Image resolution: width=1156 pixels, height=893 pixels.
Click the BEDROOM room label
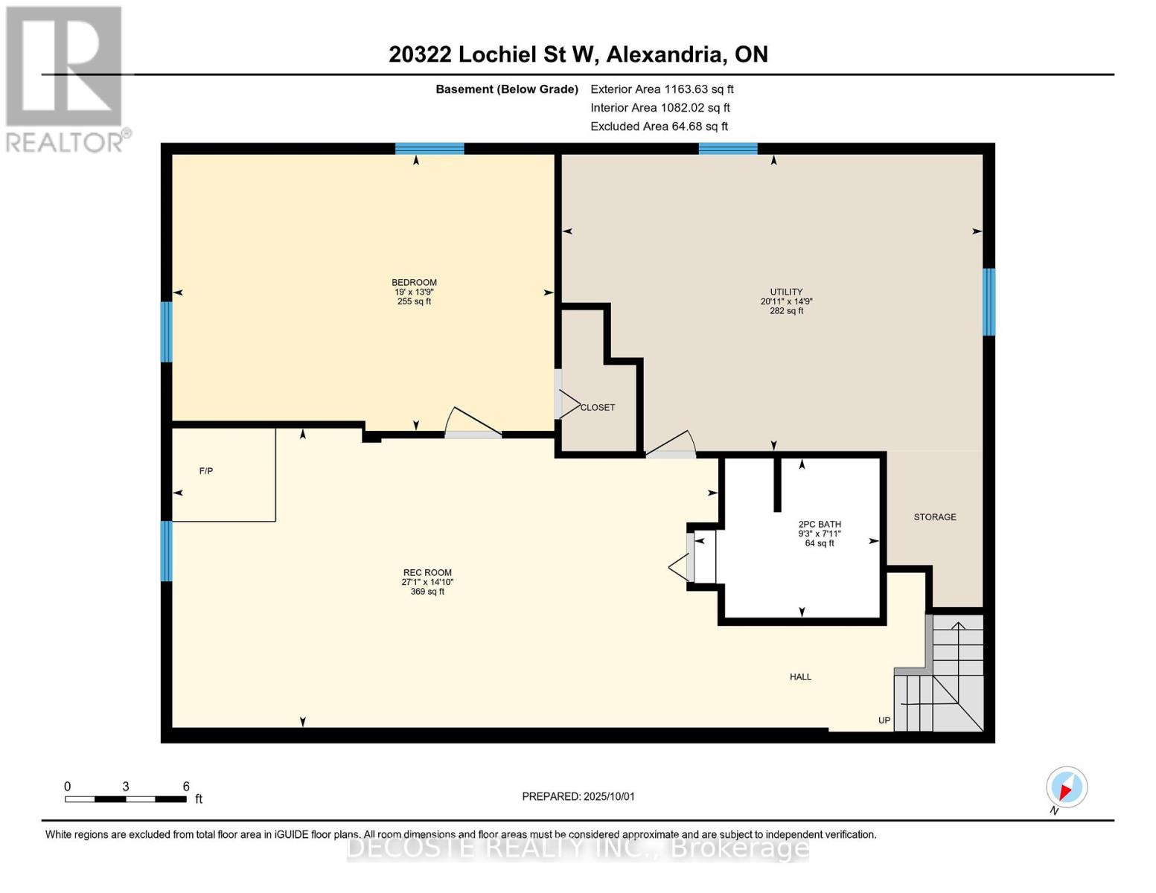[414, 283]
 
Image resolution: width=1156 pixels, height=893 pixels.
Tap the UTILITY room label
[786, 292]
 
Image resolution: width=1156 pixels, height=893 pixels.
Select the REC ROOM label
[427, 573]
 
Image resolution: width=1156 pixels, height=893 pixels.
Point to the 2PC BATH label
[820, 525]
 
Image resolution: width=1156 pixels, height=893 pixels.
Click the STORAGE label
[935, 517]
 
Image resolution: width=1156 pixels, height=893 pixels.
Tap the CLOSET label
[598, 407]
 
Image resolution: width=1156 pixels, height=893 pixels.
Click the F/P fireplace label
[206, 471]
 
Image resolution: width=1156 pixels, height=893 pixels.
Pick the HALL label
[800, 677]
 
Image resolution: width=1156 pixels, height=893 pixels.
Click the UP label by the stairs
[884, 720]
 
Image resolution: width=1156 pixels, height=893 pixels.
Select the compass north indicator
[1067, 787]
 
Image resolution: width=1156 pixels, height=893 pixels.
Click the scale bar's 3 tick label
[126, 787]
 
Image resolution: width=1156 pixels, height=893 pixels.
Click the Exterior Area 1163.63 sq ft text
[662, 89]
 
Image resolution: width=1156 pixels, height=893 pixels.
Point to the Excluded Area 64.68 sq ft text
[659, 127]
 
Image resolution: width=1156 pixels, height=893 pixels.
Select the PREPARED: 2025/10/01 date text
[578, 797]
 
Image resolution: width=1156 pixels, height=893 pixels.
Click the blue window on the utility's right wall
[989, 302]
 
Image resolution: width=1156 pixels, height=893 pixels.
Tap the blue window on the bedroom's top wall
[429, 148]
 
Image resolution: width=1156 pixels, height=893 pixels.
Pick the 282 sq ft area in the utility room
[786, 311]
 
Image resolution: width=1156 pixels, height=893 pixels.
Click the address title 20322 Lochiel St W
[494, 54]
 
